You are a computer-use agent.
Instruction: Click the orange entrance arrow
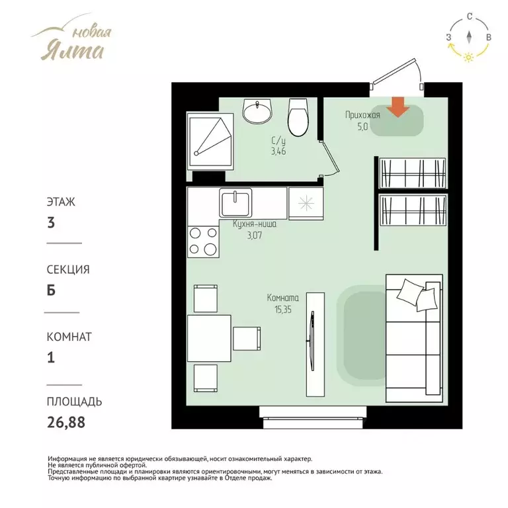pos(398,107)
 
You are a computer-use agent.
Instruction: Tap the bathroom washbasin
pos(257,111)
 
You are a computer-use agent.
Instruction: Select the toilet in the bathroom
pos(298,117)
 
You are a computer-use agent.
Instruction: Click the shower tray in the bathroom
pos(210,141)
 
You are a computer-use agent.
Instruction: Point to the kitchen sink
pos(235,202)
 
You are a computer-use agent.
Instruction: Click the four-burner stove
pos(203,241)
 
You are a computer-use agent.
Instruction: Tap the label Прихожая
pos(362,115)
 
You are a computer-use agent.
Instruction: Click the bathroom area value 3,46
pos(278,151)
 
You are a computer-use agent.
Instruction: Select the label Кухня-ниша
pos(255,224)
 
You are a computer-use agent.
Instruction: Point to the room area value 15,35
pos(283,310)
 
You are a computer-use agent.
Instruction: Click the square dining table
pos(209,338)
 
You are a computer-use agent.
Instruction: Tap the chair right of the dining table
pos(247,339)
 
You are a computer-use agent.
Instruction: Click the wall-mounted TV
pos(312,341)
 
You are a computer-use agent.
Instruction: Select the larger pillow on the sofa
pos(410,292)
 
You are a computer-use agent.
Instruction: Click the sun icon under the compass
pos(468,58)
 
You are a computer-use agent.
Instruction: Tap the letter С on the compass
pos(470,17)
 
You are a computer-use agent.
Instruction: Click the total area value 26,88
pos(66,422)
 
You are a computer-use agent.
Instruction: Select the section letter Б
pos(51,290)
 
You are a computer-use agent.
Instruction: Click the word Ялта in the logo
pos(73,51)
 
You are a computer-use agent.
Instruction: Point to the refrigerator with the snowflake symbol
pos(306,204)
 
